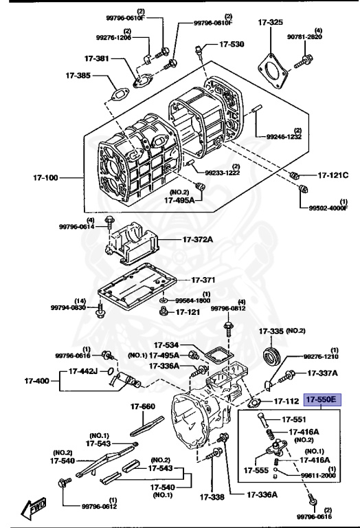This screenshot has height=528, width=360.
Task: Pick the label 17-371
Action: click(203, 280)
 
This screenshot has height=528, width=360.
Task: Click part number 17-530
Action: click(232, 44)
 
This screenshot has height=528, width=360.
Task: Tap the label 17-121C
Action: click(333, 175)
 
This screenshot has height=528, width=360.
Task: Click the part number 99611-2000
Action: click(319, 474)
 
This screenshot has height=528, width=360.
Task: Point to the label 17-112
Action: click(286, 401)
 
